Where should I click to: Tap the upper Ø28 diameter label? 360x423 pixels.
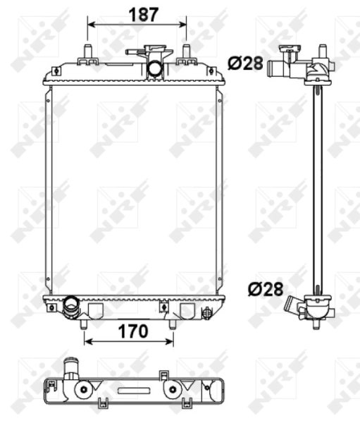[x=245, y=63]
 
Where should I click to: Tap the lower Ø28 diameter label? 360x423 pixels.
[x=265, y=288]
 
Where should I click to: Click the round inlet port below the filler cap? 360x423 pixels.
[x=154, y=69]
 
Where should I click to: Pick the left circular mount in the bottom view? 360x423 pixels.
[x=85, y=390]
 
